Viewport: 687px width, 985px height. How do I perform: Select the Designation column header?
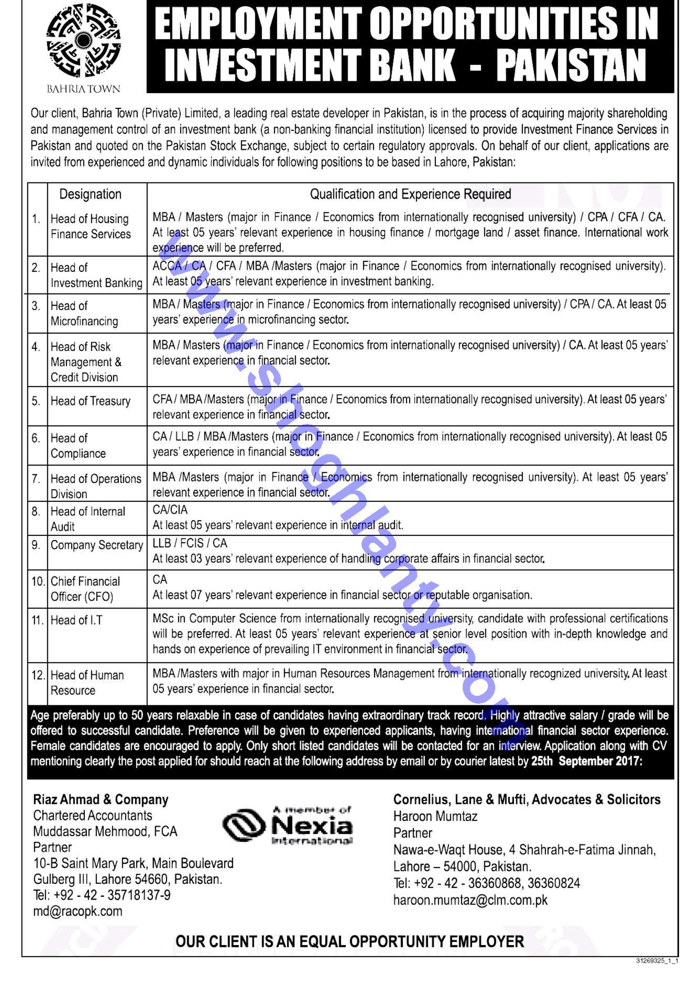click(x=90, y=194)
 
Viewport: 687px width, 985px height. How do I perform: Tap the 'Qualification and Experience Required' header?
click(x=410, y=194)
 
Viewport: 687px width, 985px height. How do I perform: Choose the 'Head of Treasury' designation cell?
click(x=90, y=401)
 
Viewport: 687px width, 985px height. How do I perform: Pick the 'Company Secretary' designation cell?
click(x=96, y=545)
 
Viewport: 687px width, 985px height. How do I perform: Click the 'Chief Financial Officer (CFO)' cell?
click(x=85, y=589)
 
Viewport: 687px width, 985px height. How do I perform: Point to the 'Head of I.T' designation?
click(x=77, y=620)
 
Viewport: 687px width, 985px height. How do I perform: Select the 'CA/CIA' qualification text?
click(x=170, y=510)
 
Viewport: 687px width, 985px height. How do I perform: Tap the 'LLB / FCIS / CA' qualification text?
click(x=190, y=543)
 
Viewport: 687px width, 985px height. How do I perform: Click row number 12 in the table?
click(x=38, y=675)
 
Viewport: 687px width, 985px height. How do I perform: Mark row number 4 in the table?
click(x=36, y=347)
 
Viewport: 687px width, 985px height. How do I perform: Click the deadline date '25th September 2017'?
click(x=585, y=762)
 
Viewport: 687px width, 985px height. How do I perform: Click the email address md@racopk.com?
click(x=78, y=911)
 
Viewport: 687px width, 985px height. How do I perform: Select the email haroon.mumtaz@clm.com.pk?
click(x=471, y=900)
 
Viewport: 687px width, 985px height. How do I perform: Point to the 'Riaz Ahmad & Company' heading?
click(x=101, y=800)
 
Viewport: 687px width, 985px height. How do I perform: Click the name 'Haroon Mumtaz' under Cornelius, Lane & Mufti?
click(x=435, y=816)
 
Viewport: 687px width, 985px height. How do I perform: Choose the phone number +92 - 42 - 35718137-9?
click(x=102, y=895)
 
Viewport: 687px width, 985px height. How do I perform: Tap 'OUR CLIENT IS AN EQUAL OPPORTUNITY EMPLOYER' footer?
click(x=350, y=942)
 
